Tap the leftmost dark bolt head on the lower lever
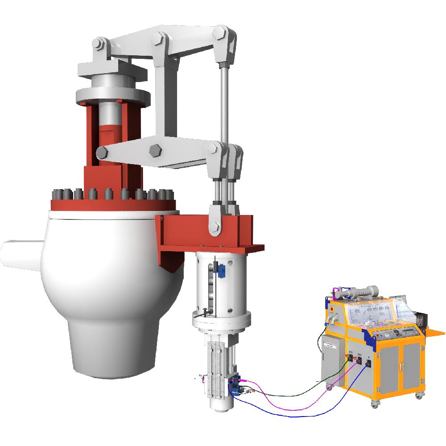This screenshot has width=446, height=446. tap(102, 153)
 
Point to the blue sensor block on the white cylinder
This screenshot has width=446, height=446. tap(222, 270)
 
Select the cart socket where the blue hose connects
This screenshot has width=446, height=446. tap(369, 363)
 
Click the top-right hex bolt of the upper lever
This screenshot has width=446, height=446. tap(220, 32)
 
